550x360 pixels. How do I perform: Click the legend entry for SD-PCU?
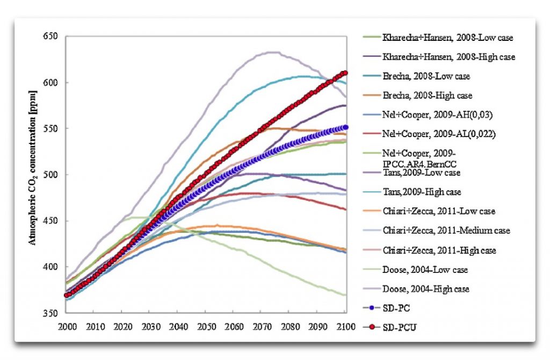point(399,327)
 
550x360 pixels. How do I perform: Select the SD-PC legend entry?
point(396,308)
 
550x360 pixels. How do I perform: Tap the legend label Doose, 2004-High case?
point(426,289)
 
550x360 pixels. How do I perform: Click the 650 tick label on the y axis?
point(53,37)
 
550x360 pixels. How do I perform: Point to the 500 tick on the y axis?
point(53,175)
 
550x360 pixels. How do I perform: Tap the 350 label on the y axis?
point(53,313)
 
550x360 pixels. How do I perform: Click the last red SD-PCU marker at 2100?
point(345,73)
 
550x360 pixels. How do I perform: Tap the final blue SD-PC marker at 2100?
point(345,127)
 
